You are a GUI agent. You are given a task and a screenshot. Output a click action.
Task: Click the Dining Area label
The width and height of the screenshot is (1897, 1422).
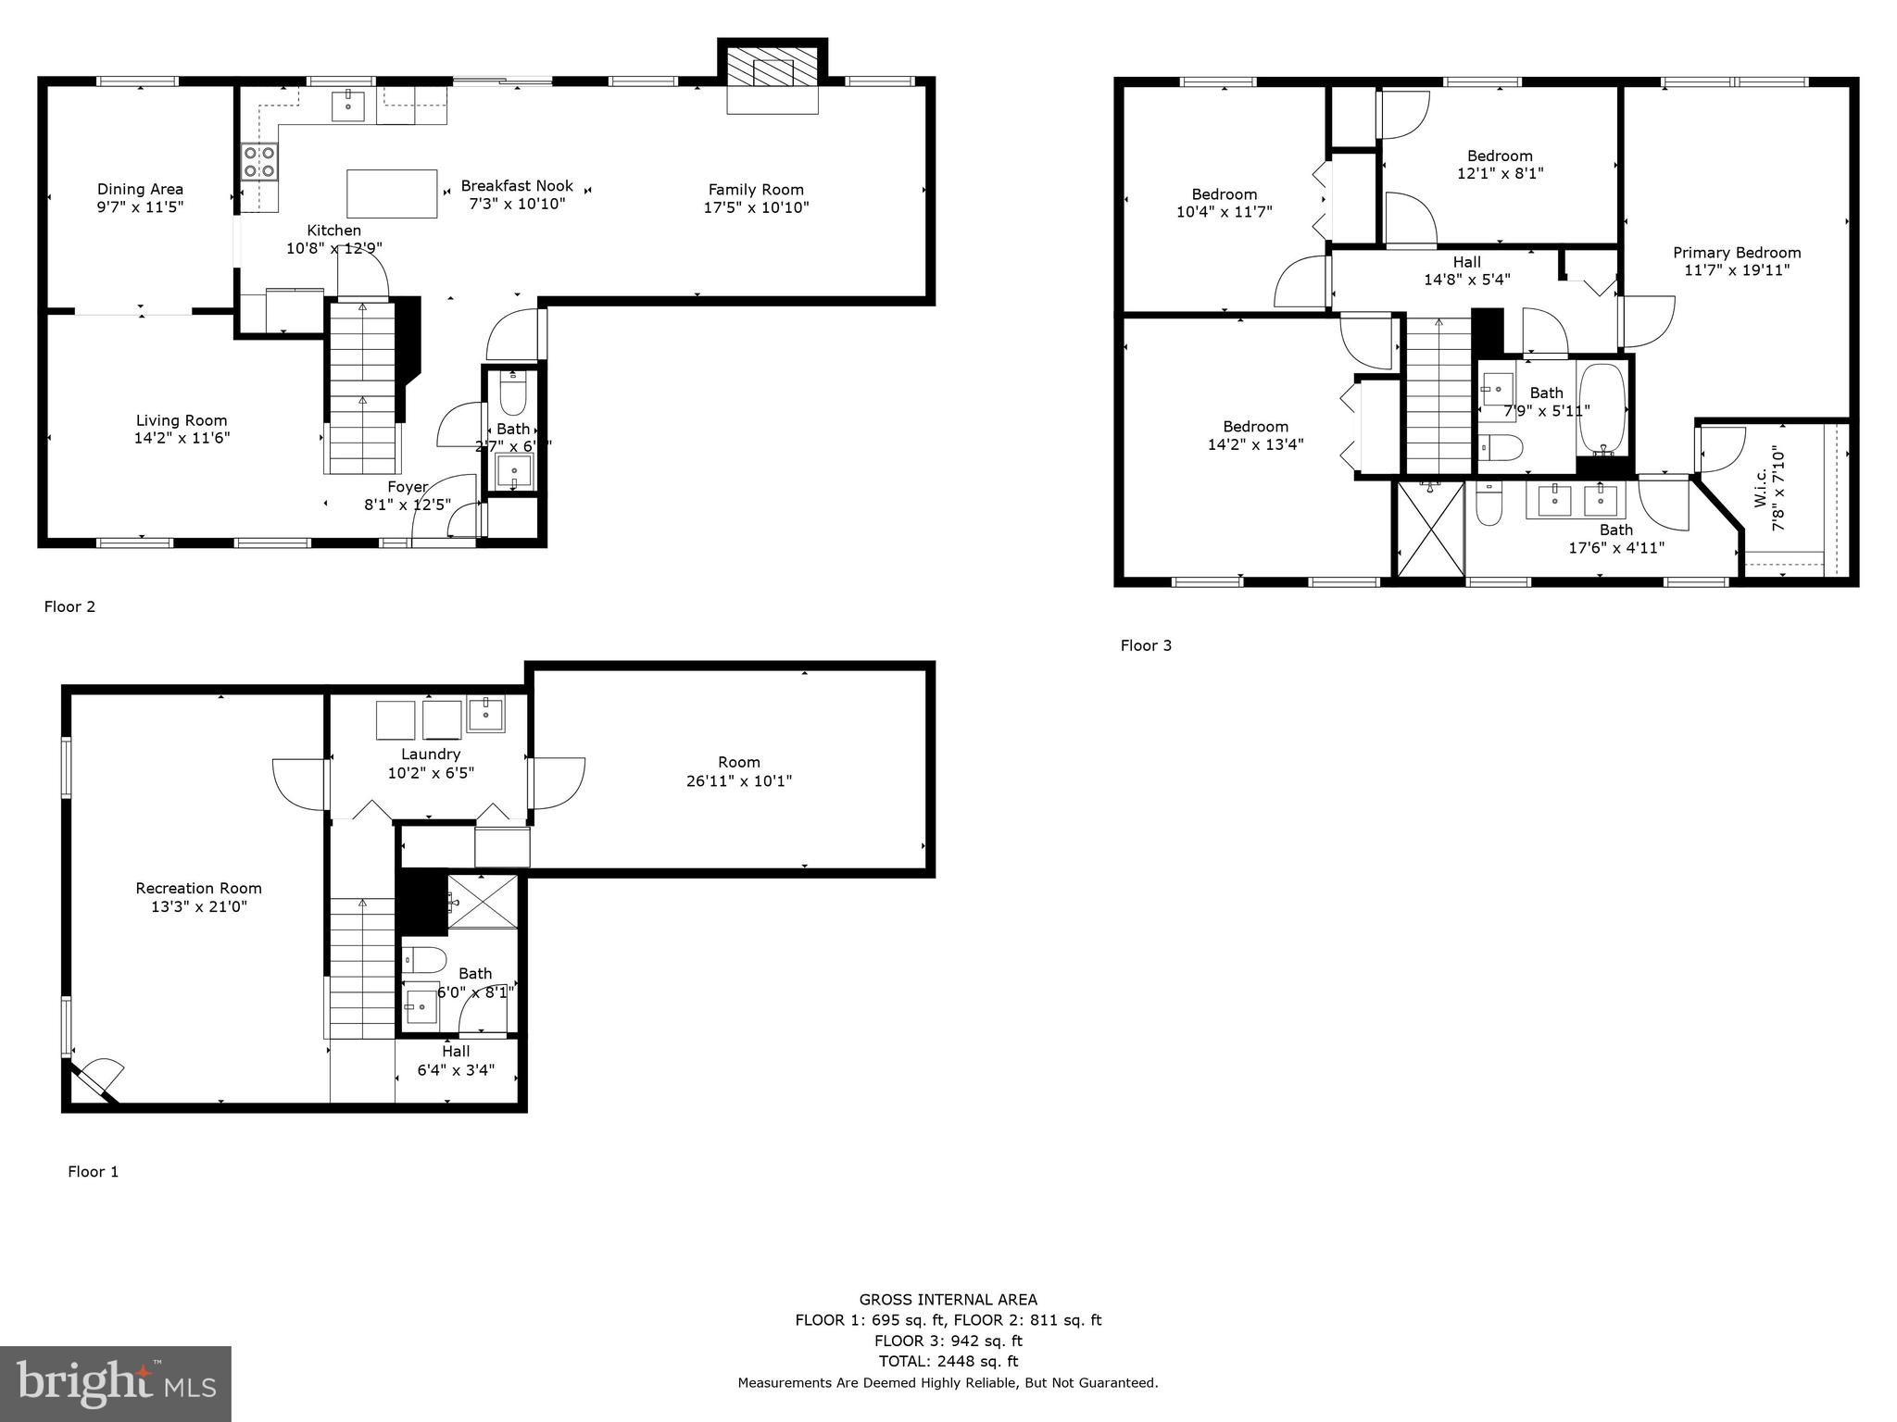point(140,190)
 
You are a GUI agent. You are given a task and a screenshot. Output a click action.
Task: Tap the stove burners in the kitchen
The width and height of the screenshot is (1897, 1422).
point(259,161)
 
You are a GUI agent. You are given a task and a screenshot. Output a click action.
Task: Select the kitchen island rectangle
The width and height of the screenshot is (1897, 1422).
point(392,193)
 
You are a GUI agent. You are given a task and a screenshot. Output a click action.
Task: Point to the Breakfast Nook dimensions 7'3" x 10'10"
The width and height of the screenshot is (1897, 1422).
point(517,205)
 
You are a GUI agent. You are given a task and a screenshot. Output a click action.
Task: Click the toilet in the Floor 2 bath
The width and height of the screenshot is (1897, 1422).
point(512,393)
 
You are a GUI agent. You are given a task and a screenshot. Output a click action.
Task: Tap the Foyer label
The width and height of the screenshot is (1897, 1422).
point(408,487)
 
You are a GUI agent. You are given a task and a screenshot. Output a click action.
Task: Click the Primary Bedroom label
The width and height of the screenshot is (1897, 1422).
point(1736,253)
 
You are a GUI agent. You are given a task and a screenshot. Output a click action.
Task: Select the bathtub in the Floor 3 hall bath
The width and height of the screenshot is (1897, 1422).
point(1602,408)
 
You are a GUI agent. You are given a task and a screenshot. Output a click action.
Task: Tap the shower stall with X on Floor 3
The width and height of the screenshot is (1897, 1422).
point(1430,530)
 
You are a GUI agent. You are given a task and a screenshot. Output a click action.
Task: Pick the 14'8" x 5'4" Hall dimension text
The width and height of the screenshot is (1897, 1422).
point(1467,280)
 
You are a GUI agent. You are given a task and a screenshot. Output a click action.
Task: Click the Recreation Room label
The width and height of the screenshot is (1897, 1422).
point(198,888)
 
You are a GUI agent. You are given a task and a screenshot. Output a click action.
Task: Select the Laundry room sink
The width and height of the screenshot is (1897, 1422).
point(485,715)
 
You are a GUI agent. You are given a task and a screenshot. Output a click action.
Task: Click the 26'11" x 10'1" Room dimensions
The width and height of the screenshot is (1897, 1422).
point(738,780)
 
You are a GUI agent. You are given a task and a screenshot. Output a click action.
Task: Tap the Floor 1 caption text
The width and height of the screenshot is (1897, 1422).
point(93,1171)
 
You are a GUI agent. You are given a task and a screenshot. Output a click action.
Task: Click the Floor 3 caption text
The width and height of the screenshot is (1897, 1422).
point(1146,645)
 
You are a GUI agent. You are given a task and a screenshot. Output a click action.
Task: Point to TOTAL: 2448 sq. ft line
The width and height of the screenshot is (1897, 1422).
point(948,1361)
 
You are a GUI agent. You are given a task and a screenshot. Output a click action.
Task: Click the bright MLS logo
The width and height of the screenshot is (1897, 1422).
point(115,1383)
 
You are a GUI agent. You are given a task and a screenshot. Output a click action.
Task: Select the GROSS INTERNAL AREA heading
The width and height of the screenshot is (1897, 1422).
point(948,1299)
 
